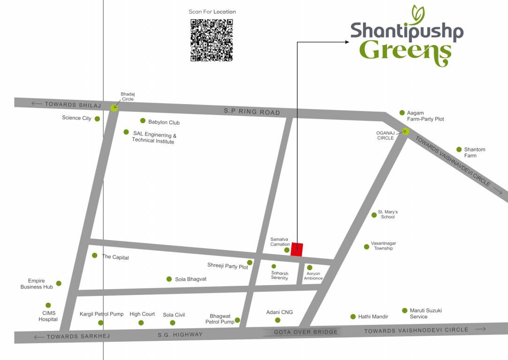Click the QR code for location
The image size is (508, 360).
click(x=212, y=40)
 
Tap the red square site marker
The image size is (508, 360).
click(x=296, y=249)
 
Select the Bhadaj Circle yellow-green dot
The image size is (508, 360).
click(x=114, y=108)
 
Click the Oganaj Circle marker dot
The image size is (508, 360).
click(x=406, y=131)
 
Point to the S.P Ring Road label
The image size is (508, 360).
click(x=252, y=112)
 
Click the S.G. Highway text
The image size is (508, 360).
click(x=180, y=335)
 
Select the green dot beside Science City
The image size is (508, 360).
click(x=97, y=119)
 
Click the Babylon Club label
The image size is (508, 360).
click(x=164, y=122)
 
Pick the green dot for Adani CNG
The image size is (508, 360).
click(x=278, y=320)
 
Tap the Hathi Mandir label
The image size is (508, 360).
click(x=373, y=317)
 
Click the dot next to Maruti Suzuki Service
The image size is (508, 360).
click(x=405, y=310)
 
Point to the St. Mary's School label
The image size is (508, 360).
click(x=388, y=214)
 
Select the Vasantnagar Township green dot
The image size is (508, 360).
click(x=366, y=247)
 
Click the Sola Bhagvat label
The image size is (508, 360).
click(x=190, y=279)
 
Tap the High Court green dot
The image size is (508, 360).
click(x=141, y=322)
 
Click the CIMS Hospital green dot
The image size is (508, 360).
click(x=48, y=305)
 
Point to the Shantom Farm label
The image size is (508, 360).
click(x=474, y=152)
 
